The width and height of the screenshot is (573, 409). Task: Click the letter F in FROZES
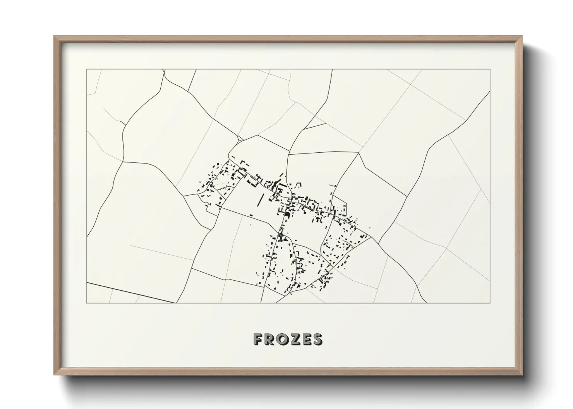coord(258,339)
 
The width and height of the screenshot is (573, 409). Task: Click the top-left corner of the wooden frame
coord(55,36)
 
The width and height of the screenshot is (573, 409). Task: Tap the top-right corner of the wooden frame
coord(522,36)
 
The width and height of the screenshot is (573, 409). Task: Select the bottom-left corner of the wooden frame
coord(55,375)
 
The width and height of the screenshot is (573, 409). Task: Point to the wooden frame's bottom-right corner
coord(522,375)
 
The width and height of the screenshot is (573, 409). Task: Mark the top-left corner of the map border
coord(87,70)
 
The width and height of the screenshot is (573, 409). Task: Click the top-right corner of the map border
coord(490,70)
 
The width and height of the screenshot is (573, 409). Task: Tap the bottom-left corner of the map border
coord(87,303)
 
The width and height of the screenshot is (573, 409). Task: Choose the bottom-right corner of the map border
coord(490,303)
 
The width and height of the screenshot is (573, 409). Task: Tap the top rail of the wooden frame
coord(288,37)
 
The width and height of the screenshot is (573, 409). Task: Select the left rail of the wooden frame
coord(56,205)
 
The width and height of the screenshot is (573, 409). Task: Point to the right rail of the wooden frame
coord(520,205)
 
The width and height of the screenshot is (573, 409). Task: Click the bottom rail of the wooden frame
coord(288,373)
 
